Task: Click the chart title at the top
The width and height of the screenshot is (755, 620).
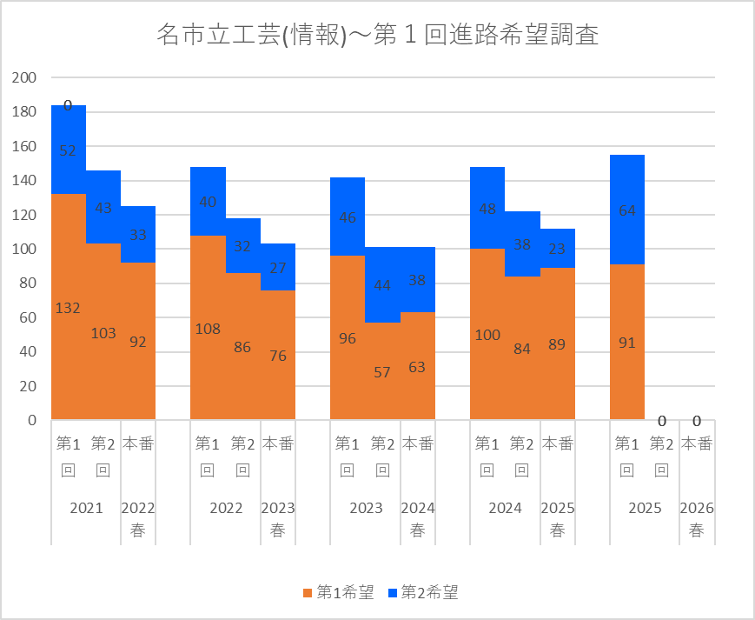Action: tap(377, 35)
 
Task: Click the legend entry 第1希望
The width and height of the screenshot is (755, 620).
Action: tap(338, 593)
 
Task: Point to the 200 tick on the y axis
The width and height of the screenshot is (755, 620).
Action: tap(24, 77)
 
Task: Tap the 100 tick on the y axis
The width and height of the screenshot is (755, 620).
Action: tap(24, 249)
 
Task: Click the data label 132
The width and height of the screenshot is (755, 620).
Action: tap(68, 308)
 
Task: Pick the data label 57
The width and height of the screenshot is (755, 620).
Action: tap(382, 372)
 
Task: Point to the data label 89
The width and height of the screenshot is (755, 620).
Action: tap(557, 343)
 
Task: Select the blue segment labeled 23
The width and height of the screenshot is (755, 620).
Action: tap(557, 249)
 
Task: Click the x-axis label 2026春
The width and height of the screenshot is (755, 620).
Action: tap(696, 519)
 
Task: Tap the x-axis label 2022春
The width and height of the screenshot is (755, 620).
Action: tap(138, 519)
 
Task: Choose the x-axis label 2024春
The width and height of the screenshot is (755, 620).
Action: tap(417, 519)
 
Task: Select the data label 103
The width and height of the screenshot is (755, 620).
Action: tap(103, 333)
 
